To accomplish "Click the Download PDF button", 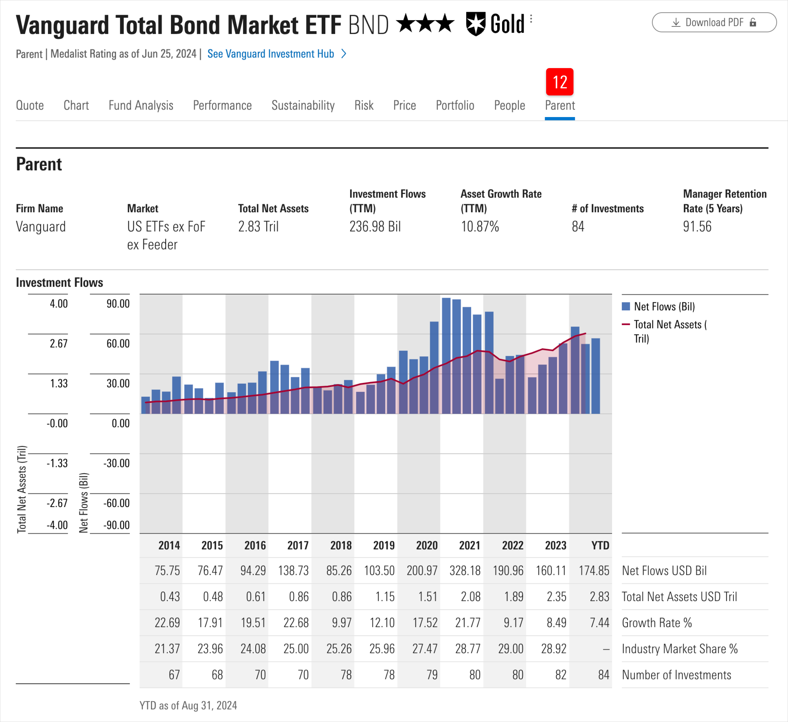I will [714, 22].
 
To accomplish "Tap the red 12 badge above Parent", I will [559, 82].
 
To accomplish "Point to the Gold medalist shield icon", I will [476, 24].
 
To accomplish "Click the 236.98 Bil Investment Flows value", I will [375, 227].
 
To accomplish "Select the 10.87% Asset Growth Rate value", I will [480, 227].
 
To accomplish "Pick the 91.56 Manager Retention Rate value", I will [697, 227].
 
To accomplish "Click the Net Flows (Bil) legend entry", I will [664, 306].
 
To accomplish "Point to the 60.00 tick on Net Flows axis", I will [118, 343].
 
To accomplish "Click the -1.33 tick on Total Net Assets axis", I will [57, 463].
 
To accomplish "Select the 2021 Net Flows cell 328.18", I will [465, 570].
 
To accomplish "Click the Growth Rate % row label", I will [657, 622].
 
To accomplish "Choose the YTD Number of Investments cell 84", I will [603, 675].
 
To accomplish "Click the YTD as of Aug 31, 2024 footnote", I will [188, 705].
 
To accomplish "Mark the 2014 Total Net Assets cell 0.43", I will [170, 596].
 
